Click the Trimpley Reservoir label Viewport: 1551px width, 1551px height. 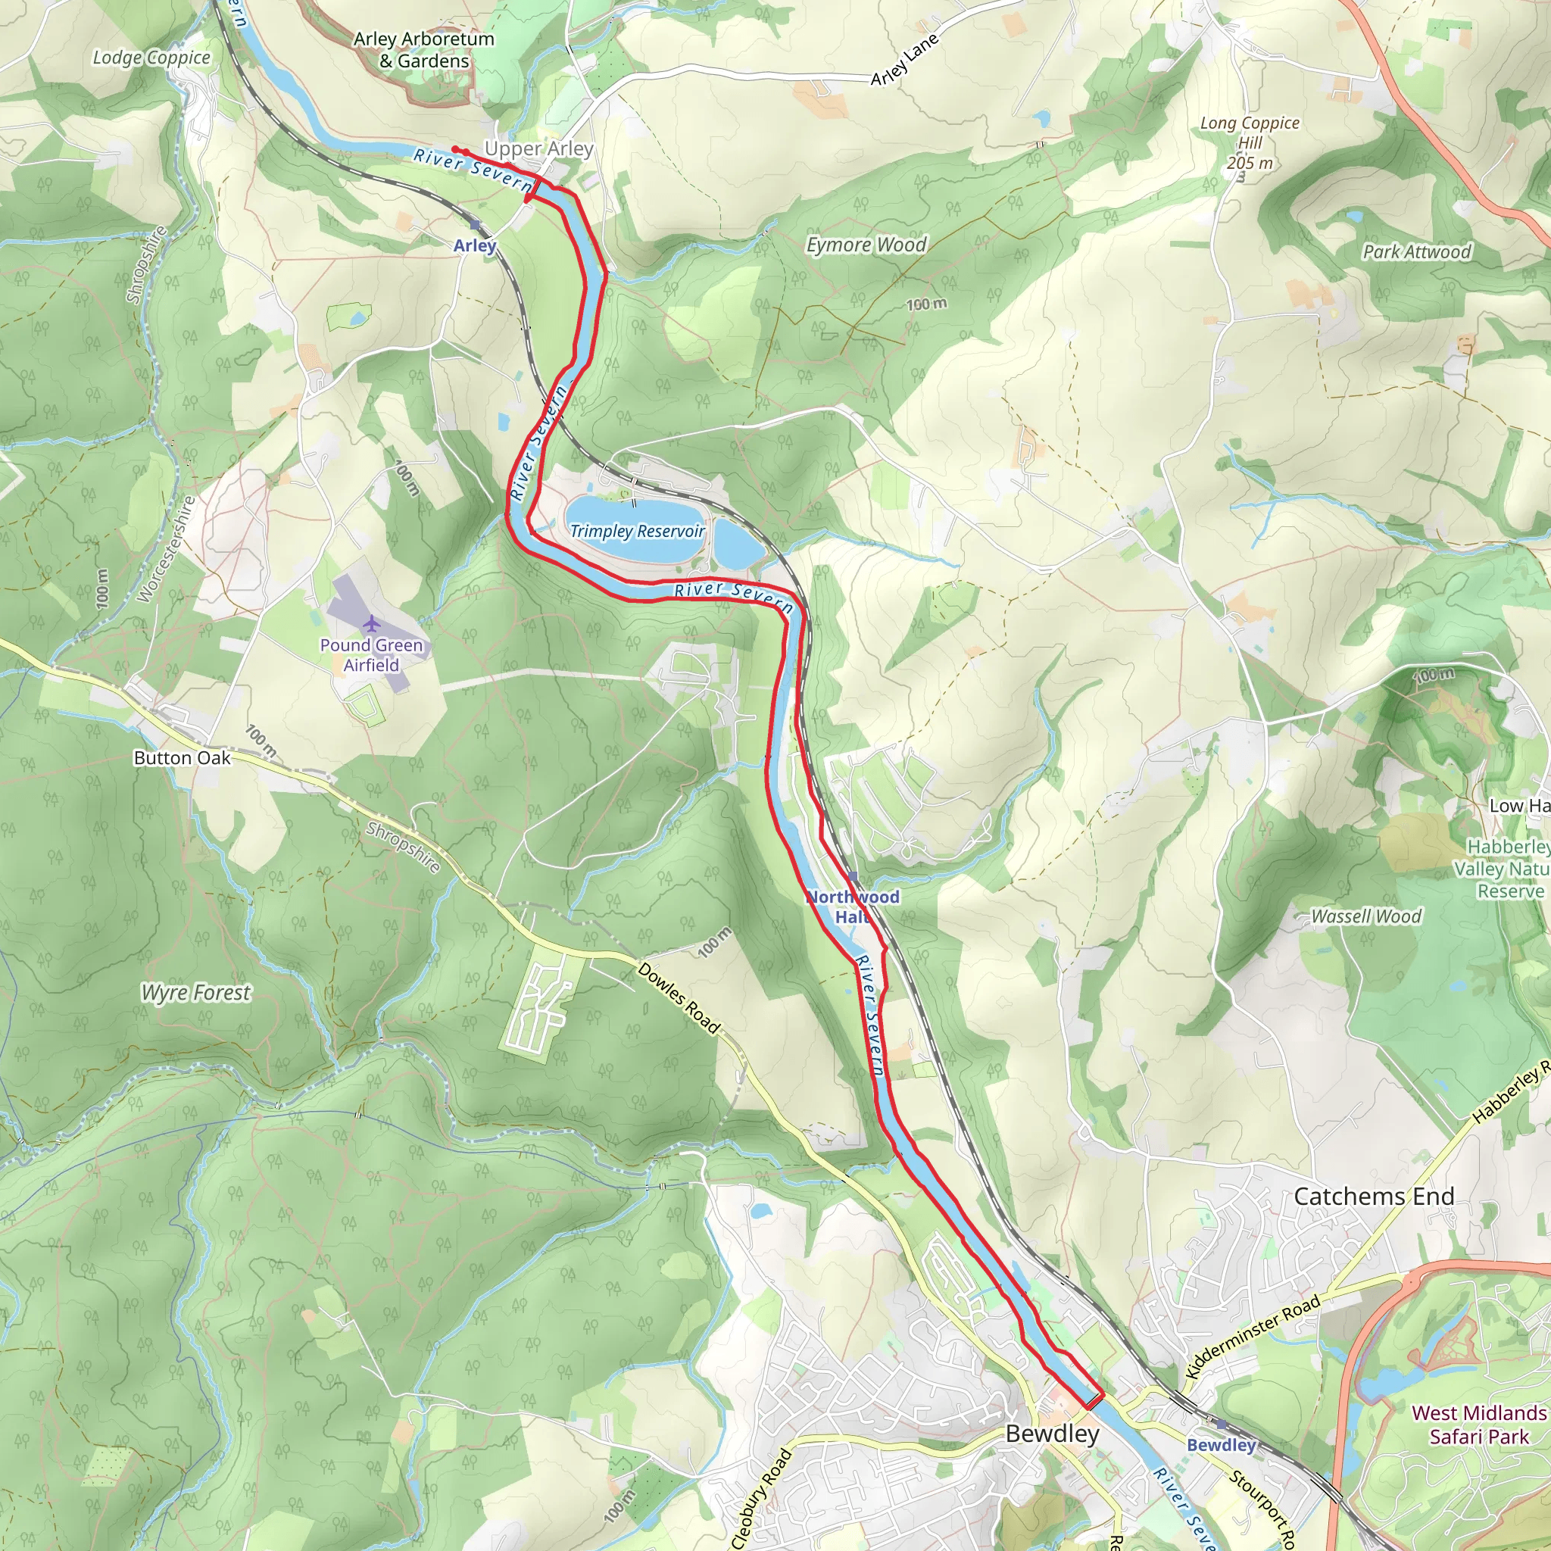pyautogui.click(x=637, y=531)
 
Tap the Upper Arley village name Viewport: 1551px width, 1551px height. pyautogui.click(x=538, y=148)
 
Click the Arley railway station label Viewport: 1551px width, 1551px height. pyautogui.click(x=474, y=245)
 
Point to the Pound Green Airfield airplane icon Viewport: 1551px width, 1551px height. pyautogui.click(x=371, y=623)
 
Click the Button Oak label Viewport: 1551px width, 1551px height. pyautogui.click(x=183, y=758)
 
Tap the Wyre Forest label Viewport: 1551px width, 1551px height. pyautogui.click(x=197, y=993)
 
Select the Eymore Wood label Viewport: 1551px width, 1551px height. pyautogui.click(x=866, y=245)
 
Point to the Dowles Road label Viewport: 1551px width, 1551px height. pyautogui.click(x=679, y=998)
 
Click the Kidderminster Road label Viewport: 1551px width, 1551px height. pyautogui.click(x=1253, y=1337)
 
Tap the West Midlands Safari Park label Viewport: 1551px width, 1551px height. pyautogui.click(x=1479, y=1425)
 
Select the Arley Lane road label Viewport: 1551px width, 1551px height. pyautogui.click(x=904, y=61)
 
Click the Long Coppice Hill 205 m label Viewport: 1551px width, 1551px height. pyautogui.click(x=1249, y=143)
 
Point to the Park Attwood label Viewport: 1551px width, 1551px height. pyautogui.click(x=1416, y=252)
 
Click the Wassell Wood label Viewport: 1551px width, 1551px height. pyautogui.click(x=1365, y=917)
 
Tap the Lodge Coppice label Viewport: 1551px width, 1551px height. pyautogui.click(x=151, y=58)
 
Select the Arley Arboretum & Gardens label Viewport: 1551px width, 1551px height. pyautogui.click(x=424, y=50)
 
